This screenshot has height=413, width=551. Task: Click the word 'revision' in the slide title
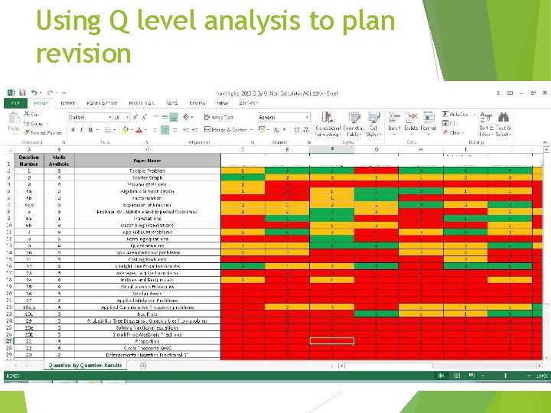point(83,54)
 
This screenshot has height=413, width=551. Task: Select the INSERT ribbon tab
point(67,102)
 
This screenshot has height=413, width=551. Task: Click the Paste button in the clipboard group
point(14,123)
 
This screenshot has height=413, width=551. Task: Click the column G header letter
point(376,149)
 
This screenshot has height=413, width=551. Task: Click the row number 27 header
point(8,341)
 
